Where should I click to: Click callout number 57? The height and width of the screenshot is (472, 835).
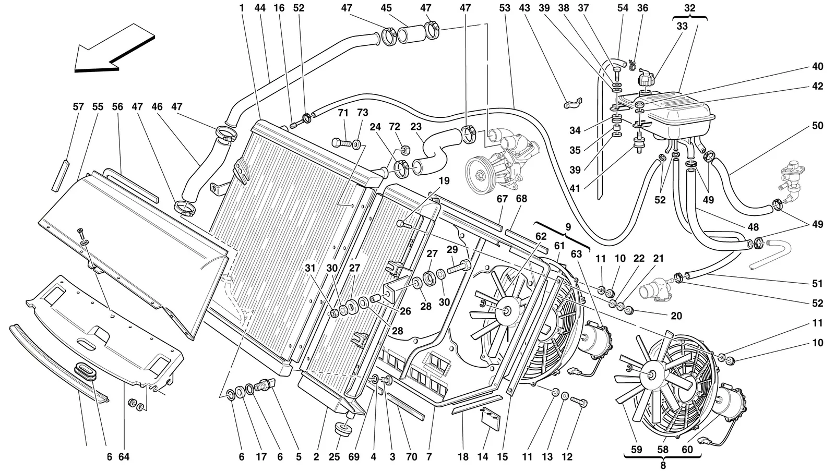pos(78,107)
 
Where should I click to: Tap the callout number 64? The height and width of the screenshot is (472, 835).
pos(124,457)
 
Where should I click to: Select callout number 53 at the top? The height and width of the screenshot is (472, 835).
pos(505,8)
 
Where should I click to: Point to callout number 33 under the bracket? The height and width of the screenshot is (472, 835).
pos(682,26)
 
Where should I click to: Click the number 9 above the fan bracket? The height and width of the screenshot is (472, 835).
pos(568,227)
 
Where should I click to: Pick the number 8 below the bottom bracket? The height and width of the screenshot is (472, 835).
pos(663,465)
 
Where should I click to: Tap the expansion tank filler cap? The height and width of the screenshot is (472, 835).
pos(646,79)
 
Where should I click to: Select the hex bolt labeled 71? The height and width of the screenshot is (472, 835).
pos(341,142)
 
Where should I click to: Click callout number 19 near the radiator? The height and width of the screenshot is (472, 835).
pos(444,181)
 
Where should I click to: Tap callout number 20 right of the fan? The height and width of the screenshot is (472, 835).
pos(676,316)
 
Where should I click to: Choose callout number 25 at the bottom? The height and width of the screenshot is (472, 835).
pos(335,457)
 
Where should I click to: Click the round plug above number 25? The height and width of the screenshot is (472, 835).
pos(343,428)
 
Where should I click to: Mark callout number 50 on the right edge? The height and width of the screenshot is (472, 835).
pos(817,126)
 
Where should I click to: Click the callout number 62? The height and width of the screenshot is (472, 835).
pos(541,236)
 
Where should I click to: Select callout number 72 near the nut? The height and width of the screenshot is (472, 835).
pos(395,127)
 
